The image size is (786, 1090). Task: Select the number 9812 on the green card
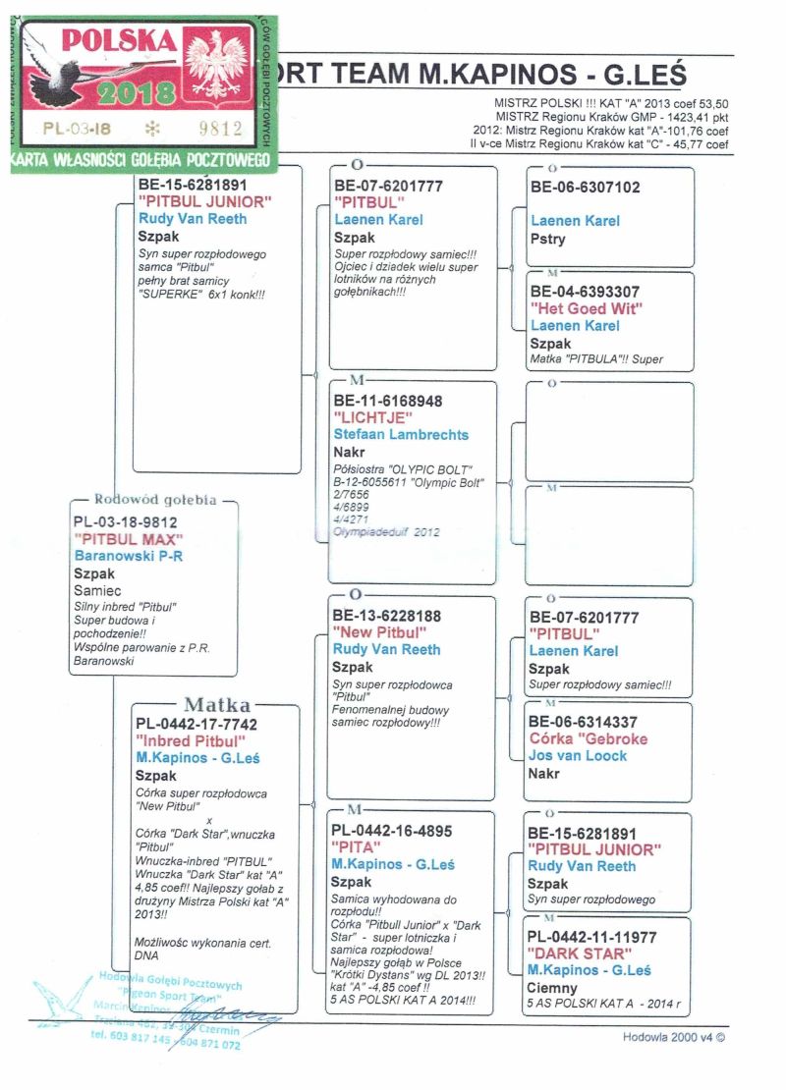click(220, 128)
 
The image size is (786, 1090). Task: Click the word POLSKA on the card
click(119, 41)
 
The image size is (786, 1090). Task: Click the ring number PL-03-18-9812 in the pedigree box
click(126, 522)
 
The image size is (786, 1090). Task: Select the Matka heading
click(217, 705)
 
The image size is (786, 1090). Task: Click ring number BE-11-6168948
click(388, 401)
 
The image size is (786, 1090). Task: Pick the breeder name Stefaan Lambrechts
click(401, 434)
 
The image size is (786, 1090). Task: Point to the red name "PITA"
click(357, 846)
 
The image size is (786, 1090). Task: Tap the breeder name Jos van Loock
click(578, 755)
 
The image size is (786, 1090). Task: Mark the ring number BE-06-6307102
click(585, 187)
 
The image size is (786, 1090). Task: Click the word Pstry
click(547, 239)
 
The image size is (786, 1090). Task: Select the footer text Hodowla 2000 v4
click(677, 1036)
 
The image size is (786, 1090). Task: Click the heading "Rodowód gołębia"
click(154, 500)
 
